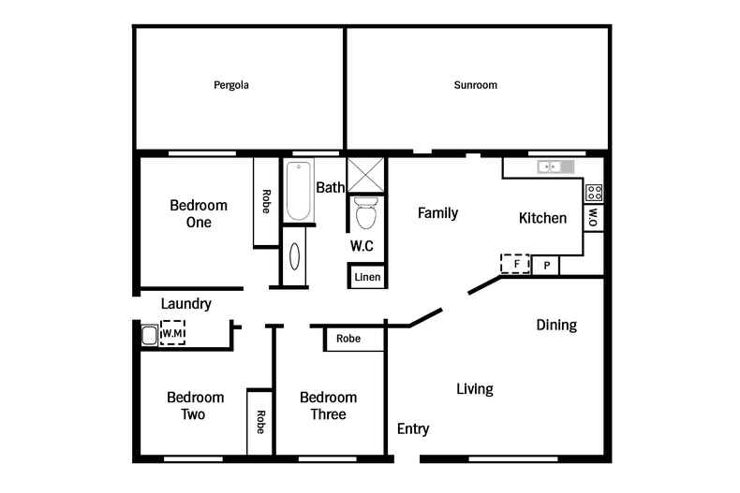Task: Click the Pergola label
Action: [x=230, y=85]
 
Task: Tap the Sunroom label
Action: [x=475, y=85]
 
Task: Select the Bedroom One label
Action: [x=198, y=213]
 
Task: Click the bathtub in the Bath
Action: [x=299, y=192]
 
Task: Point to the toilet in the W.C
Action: [x=365, y=213]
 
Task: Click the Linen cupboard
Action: [x=366, y=277]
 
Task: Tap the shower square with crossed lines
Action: [x=366, y=175]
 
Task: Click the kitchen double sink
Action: [x=555, y=167]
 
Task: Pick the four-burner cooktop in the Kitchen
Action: [x=594, y=194]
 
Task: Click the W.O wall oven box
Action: [x=593, y=217]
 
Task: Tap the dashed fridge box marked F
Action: [x=515, y=264]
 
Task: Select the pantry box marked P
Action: [x=546, y=266]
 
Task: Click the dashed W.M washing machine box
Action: [x=172, y=333]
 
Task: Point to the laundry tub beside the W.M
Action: [x=149, y=335]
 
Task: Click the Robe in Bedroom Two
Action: [x=259, y=422]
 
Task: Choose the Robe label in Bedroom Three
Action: [x=348, y=339]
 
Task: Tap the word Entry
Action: [x=413, y=428]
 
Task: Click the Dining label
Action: [x=555, y=326]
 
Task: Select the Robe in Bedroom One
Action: [x=266, y=202]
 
